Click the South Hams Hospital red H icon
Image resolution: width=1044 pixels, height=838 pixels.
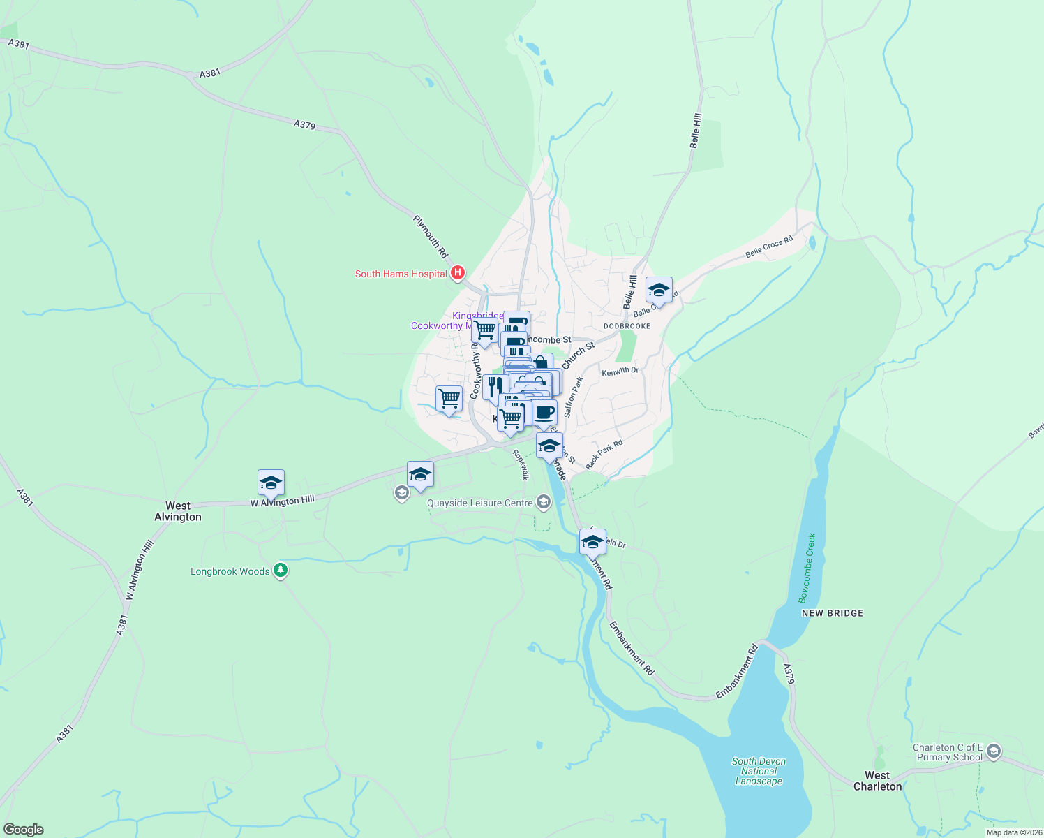pyautogui.click(x=458, y=273)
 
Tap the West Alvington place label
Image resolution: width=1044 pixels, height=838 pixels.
pyautogui.click(x=178, y=511)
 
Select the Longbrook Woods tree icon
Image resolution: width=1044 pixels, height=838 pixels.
pyautogui.click(x=281, y=571)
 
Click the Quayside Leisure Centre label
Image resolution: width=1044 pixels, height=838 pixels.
pyautogui.click(x=479, y=503)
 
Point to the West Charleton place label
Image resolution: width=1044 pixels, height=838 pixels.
pyautogui.click(x=877, y=781)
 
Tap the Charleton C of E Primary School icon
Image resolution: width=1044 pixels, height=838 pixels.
pyautogui.click(x=994, y=751)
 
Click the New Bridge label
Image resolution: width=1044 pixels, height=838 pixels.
pyautogui.click(x=833, y=613)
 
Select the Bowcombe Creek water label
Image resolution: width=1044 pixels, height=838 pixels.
pyautogui.click(x=807, y=568)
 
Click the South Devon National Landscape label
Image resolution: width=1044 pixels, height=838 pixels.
pyautogui.click(x=759, y=771)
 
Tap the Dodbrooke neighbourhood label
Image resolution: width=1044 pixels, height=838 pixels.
pyautogui.click(x=627, y=326)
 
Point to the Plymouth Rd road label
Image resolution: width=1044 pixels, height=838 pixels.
pyautogui.click(x=431, y=237)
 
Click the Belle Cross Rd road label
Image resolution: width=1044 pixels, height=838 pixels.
pyautogui.click(x=769, y=247)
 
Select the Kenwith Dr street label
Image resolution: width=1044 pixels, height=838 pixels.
pyautogui.click(x=620, y=372)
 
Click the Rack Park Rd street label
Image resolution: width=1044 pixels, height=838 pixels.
pyautogui.click(x=604, y=455)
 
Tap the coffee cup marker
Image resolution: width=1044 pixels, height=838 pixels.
pyautogui.click(x=545, y=413)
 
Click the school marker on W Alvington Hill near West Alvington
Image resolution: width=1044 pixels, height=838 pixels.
pyautogui.click(x=271, y=483)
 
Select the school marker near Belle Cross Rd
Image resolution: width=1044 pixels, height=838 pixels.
pyautogui.click(x=658, y=290)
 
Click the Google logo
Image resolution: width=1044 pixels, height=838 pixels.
pyautogui.click(x=23, y=830)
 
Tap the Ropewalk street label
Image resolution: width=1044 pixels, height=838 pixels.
pyautogui.click(x=521, y=464)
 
